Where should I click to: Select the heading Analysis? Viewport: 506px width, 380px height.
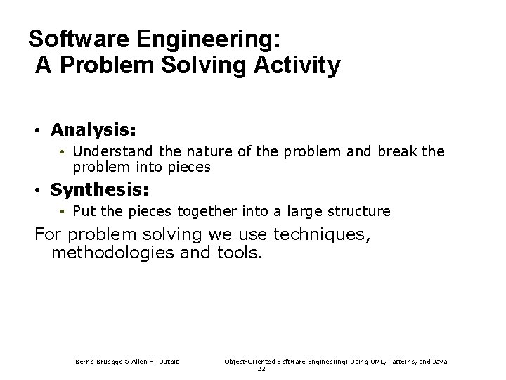(x=93, y=130)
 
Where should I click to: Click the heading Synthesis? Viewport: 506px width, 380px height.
(x=100, y=190)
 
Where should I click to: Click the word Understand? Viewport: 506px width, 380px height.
(x=105, y=151)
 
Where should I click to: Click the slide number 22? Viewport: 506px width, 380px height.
(x=261, y=369)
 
